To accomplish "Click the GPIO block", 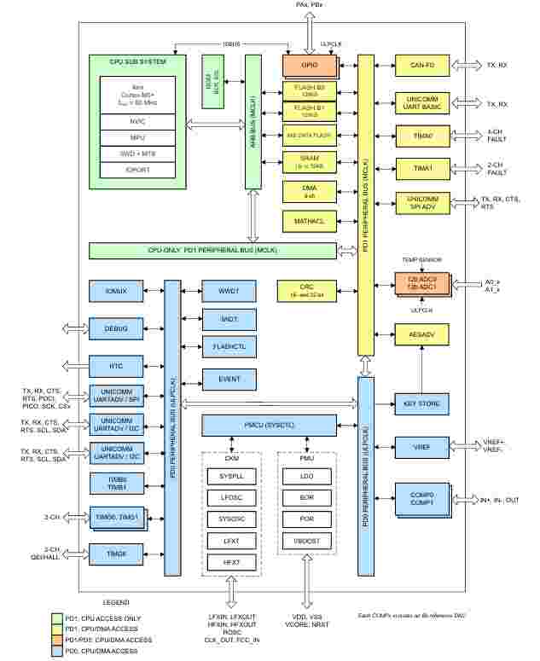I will point(311,65).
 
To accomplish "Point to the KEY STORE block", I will point(421,404).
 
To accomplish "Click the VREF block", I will point(421,446).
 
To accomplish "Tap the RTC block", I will point(114,365).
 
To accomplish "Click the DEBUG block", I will point(114,328).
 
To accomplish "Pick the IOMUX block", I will point(114,292).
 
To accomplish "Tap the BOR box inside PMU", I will point(306,495).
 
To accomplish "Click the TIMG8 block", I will point(114,554).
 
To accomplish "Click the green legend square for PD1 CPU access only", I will point(57,618).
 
